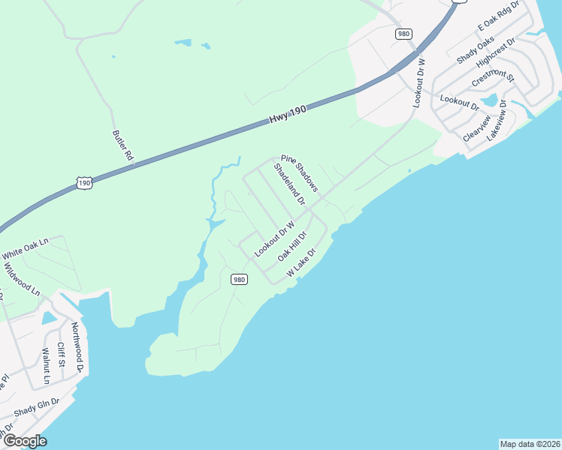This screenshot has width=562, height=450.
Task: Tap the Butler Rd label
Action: click(x=122, y=145)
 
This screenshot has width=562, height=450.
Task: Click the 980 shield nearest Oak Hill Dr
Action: click(x=239, y=279)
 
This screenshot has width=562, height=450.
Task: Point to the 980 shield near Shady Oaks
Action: click(x=404, y=34)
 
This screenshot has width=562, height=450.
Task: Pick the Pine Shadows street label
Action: click(x=300, y=172)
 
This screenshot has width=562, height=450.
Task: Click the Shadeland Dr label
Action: click(x=289, y=186)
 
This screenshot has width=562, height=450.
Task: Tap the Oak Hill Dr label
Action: click(x=293, y=245)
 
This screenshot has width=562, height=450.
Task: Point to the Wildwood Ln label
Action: click(x=21, y=277)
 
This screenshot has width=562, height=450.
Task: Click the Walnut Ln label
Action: click(x=45, y=365)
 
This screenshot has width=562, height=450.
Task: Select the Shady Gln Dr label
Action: click(x=36, y=408)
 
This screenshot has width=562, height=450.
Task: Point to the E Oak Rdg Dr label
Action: click(x=499, y=16)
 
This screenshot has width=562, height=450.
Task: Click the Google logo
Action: click(x=24, y=441)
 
